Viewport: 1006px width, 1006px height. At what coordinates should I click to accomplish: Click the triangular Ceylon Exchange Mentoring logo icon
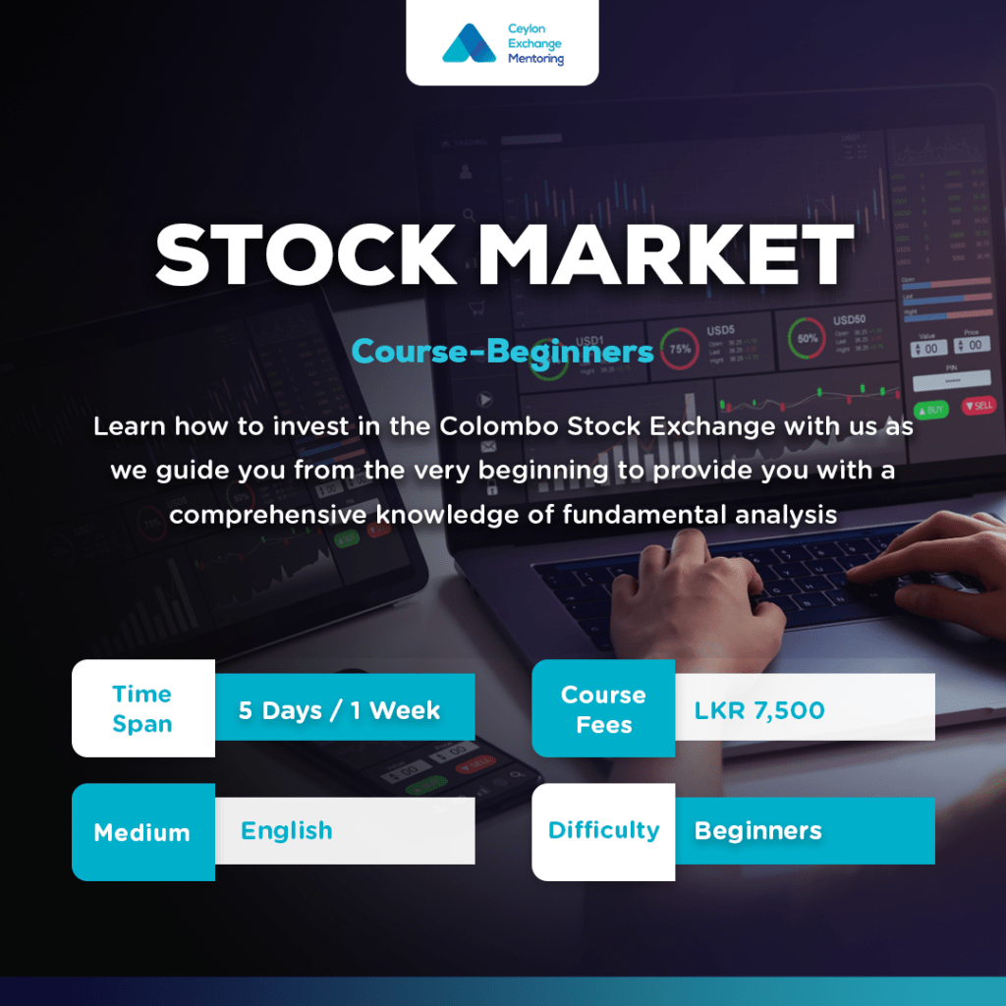(x=469, y=44)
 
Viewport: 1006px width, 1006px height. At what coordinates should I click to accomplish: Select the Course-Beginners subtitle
(x=502, y=351)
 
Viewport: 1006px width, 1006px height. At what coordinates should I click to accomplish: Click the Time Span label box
(x=142, y=708)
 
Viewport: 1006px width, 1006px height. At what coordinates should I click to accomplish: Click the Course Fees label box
(x=603, y=708)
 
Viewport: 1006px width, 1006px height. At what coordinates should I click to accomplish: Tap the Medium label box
(x=142, y=832)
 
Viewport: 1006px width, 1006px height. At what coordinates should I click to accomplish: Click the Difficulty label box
(x=603, y=831)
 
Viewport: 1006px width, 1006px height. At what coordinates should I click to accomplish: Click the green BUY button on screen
(x=930, y=409)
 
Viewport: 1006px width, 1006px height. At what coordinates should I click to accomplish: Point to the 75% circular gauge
(x=680, y=348)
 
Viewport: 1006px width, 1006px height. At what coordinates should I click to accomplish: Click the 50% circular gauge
(x=808, y=339)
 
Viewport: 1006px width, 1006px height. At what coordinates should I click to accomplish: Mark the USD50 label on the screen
(x=850, y=320)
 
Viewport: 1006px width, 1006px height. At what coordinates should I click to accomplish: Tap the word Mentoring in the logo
(x=535, y=59)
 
